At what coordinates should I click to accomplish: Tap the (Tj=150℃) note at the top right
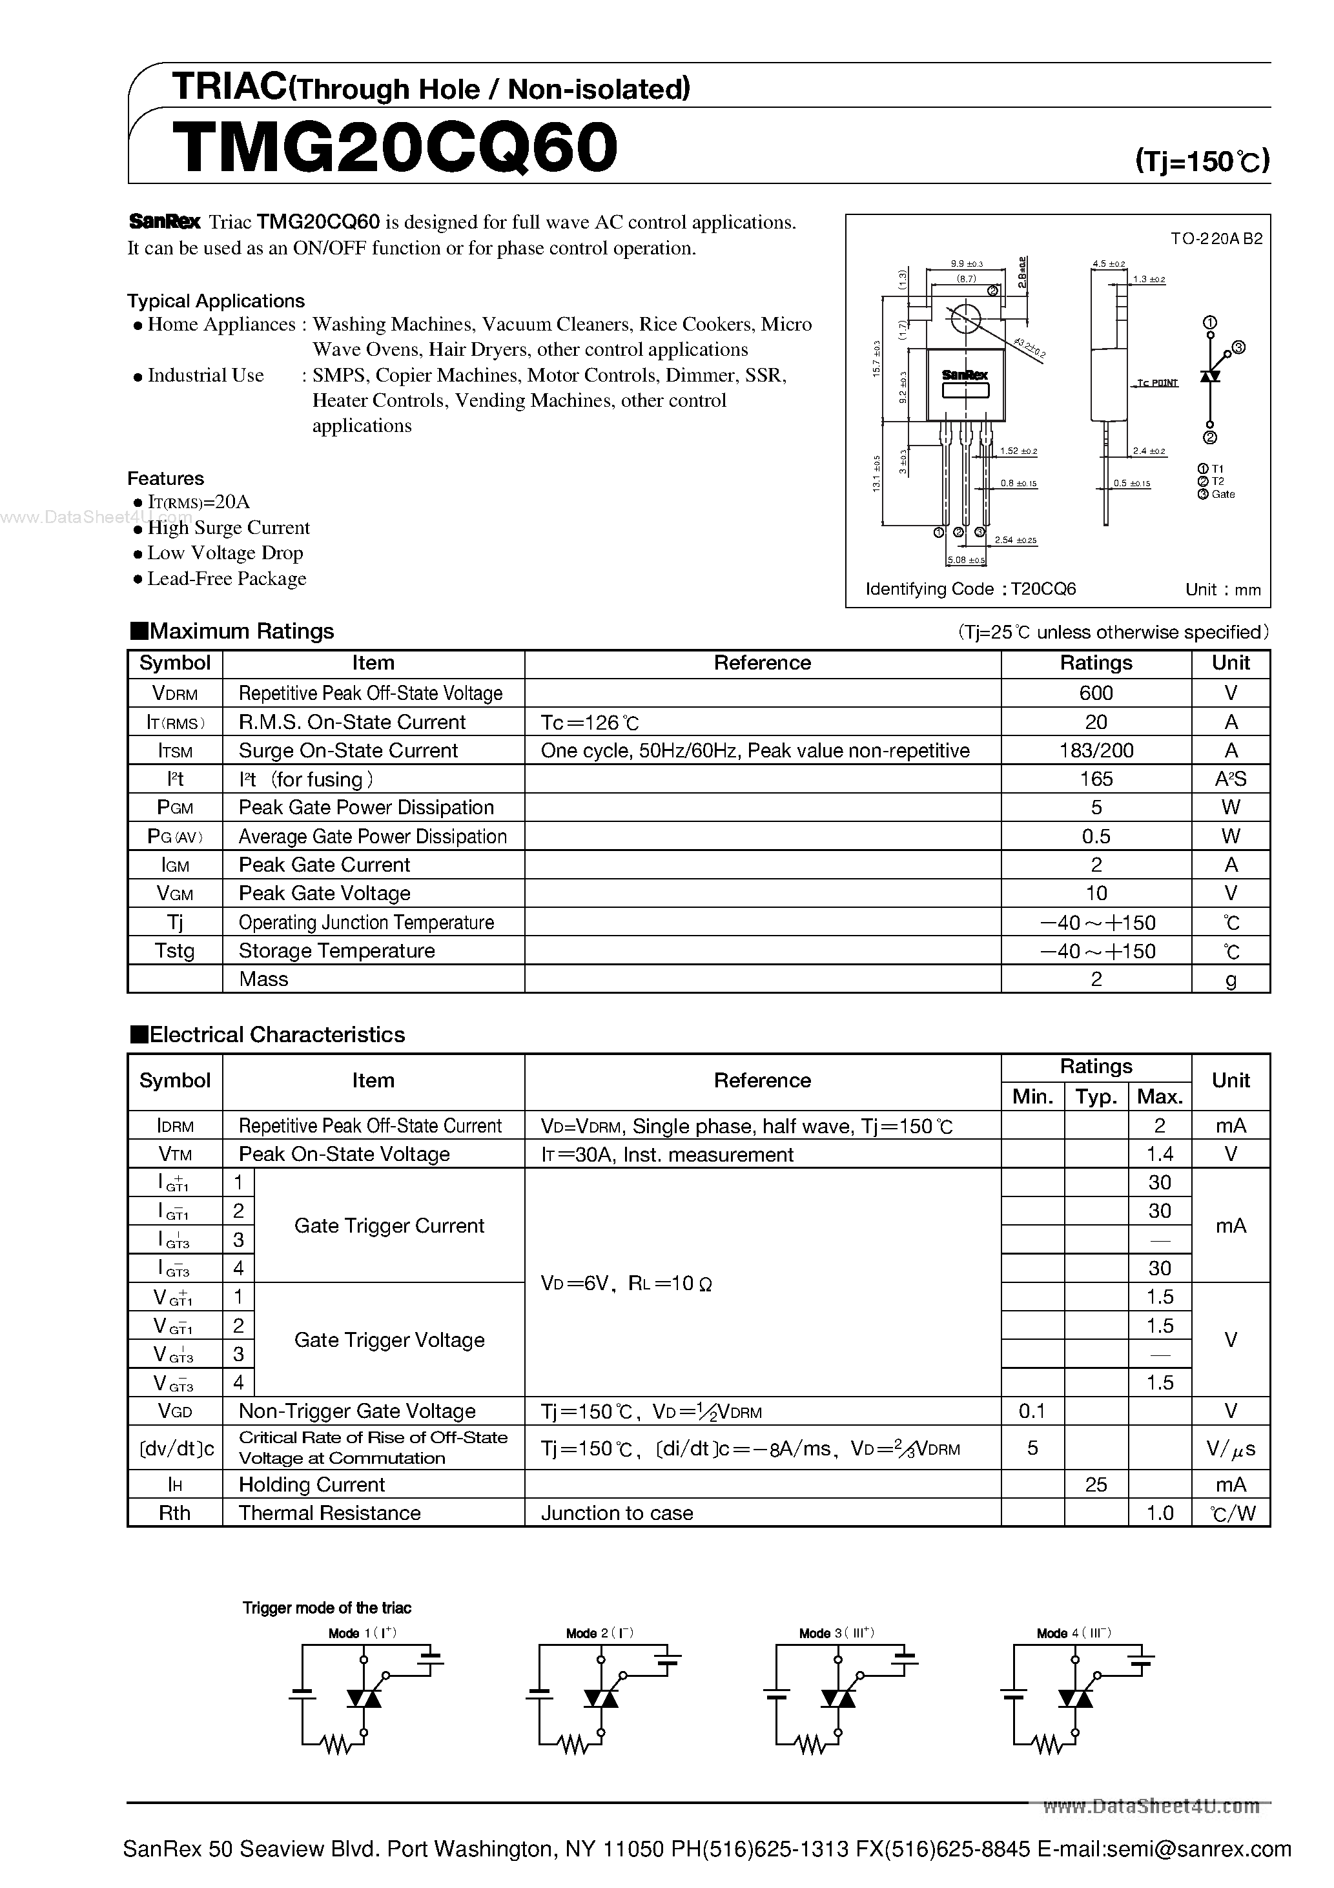[1202, 160]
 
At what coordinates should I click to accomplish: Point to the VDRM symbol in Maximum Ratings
[174, 693]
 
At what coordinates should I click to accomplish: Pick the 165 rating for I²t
[1096, 779]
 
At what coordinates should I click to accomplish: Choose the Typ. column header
[1096, 1096]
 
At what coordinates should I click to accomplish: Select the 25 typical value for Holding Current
[1096, 1484]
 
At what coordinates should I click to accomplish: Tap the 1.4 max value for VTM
[1159, 1154]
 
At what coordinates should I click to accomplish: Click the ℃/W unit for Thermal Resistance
[1231, 1513]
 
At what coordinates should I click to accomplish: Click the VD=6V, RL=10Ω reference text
[626, 1283]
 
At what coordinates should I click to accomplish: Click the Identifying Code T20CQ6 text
[970, 589]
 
